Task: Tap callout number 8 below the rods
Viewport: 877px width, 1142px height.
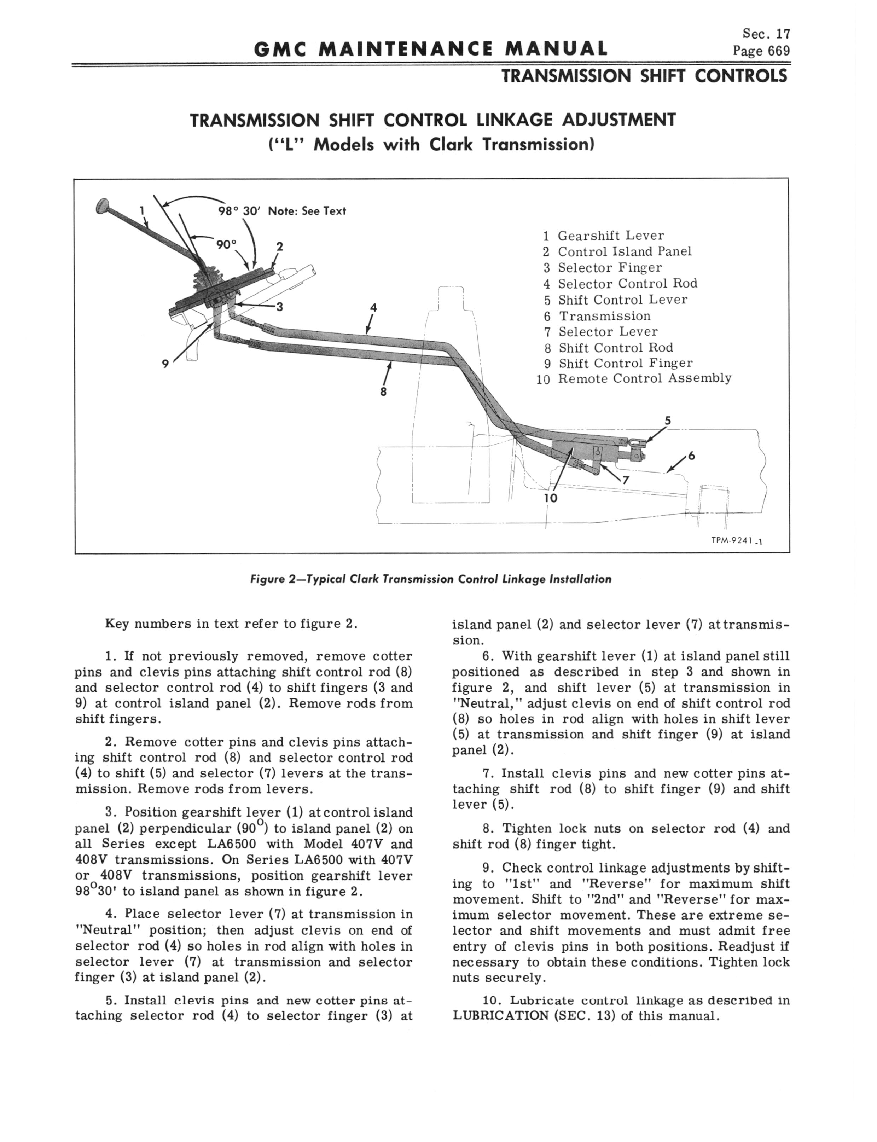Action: [x=383, y=393]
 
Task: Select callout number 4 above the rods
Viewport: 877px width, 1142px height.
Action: [x=373, y=307]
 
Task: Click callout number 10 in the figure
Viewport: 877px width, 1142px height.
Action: [x=551, y=498]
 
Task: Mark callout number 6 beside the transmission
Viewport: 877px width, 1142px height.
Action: [x=692, y=456]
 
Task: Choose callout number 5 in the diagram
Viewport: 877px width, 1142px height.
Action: [x=667, y=421]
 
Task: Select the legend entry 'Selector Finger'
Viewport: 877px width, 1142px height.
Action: [x=610, y=268]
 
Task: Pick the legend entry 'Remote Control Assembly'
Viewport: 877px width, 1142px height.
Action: [x=645, y=378]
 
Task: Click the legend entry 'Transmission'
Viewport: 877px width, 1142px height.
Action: [x=605, y=316]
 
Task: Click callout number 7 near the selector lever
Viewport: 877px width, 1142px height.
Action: [x=625, y=480]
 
